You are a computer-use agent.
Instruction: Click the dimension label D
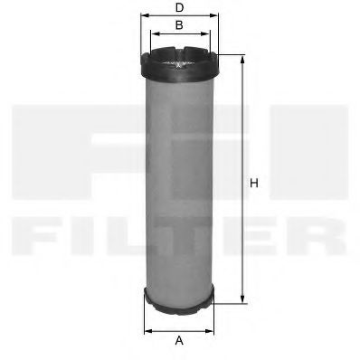pos(179,8)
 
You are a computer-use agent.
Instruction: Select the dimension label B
pos(179,25)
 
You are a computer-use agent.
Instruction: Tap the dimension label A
pos(179,340)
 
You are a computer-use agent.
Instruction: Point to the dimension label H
pos(254,184)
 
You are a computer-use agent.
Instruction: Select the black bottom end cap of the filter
pos(179,302)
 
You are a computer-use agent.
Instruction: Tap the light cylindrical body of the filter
pos(179,181)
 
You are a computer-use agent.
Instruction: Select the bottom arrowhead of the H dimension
pos(242,300)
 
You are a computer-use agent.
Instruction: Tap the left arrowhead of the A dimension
pos(147,327)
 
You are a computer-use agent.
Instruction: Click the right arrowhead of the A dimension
pos(213,327)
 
